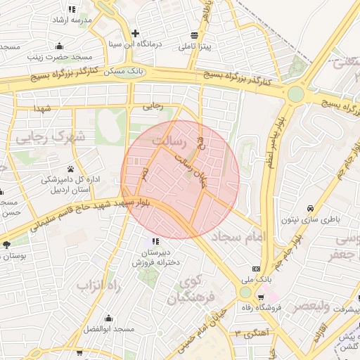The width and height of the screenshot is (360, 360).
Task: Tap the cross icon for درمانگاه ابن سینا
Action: (x=135, y=33)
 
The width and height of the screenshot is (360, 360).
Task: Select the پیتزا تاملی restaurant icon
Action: (x=194, y=34)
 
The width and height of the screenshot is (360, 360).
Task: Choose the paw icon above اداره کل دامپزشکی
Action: (x=71, y=169)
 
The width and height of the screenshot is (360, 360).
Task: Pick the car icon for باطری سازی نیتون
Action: (x=310, y=208)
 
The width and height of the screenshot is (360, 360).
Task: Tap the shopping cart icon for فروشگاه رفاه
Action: (x=262, y=297)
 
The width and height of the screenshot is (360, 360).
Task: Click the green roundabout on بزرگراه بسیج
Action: (x=296, y=94)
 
